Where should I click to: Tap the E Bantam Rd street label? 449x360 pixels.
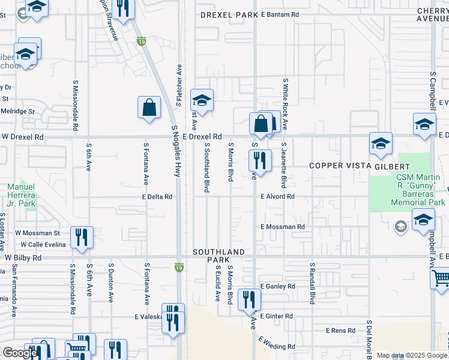point(279,14)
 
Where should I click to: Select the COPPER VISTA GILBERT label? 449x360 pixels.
point(359,166)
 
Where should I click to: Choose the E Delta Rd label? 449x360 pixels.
point(157,196)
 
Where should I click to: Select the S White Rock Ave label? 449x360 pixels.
point(286,104)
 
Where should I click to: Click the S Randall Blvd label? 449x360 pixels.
point(312,283)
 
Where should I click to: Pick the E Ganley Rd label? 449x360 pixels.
point(277,287)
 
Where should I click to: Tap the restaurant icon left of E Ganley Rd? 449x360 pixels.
point(249,299)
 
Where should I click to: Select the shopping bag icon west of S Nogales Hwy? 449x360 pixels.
point(149,108)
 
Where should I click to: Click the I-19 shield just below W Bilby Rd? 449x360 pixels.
point(178,266)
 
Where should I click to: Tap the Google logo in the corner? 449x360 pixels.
point(20,353)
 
